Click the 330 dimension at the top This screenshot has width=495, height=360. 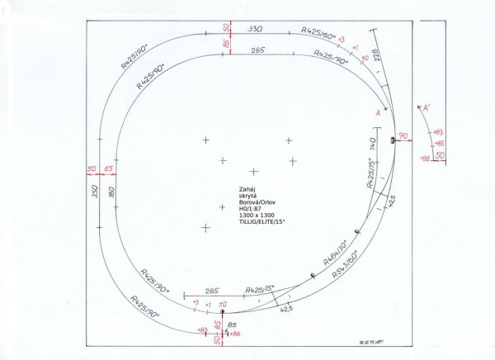click(x=255, y=28)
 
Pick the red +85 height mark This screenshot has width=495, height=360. click(x=438, y=143)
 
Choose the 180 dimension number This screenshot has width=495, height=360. click(x=111, y=192)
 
